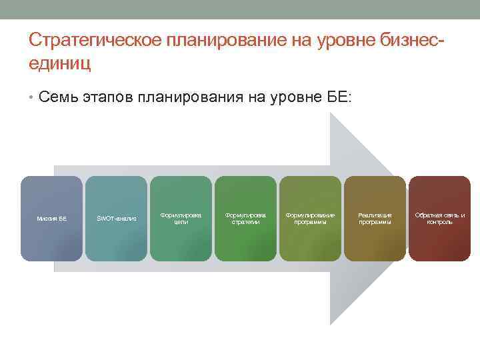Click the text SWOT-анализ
[x=116, y=219]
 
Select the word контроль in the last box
[x=439, y=222]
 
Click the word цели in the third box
[x=181, y=222]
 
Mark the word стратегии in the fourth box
[x=245, y=222]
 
